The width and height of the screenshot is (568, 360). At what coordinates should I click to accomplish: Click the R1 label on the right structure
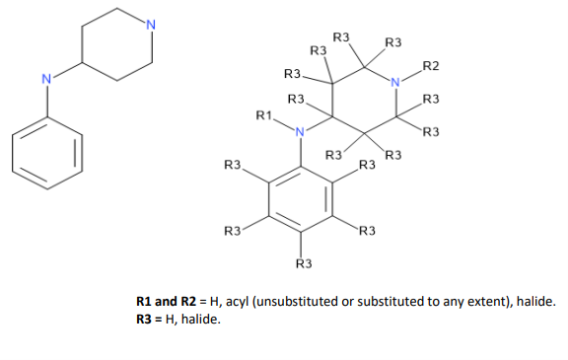point(263,116)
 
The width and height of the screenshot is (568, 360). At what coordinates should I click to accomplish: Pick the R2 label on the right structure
point(430,66)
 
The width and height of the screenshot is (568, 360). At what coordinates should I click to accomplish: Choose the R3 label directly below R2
point(430,99)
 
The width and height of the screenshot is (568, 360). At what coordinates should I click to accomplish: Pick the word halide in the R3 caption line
point(202,320)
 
